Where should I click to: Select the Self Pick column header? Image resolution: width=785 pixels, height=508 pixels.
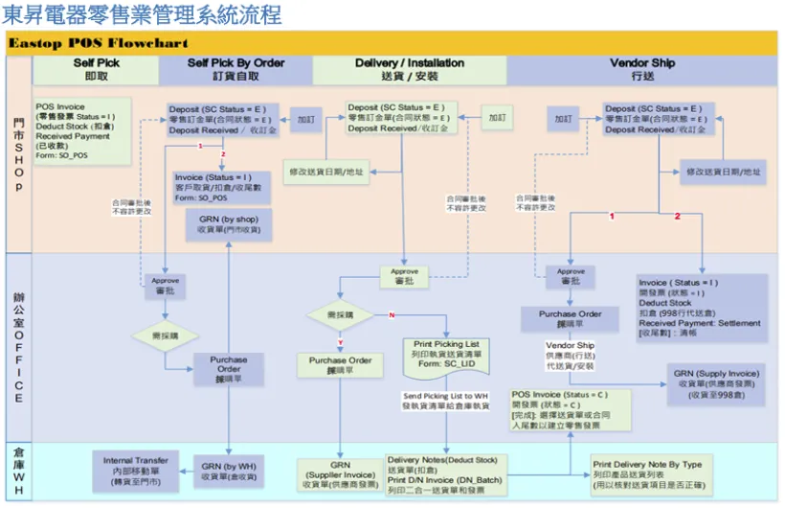97,69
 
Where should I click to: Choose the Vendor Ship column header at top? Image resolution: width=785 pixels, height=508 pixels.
642,69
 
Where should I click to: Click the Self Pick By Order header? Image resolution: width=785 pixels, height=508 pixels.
235,69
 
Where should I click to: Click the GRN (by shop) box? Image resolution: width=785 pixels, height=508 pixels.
235,224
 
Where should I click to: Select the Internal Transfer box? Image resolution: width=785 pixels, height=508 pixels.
136,473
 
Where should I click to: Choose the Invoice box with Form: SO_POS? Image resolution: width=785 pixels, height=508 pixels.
222,188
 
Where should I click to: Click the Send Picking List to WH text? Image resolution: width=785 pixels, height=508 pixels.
445,401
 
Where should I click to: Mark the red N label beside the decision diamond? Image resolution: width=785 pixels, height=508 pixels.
392,314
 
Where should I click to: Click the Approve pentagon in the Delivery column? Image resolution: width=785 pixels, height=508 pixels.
405,277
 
